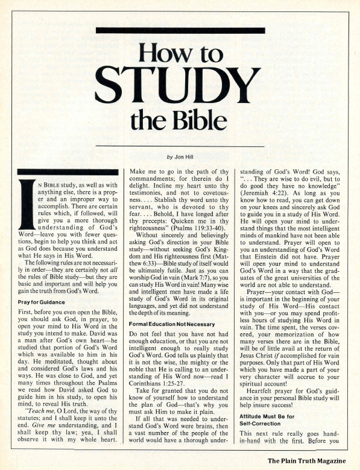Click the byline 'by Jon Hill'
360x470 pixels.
(180, 157)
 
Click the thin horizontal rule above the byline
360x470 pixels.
(180, 146)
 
